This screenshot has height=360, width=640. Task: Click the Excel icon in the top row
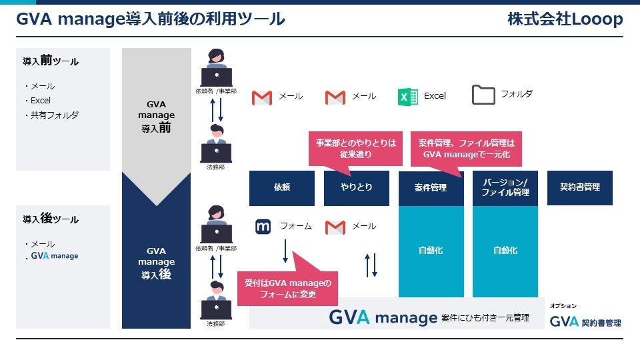coord(407,97)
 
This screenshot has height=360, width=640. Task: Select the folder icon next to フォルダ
coord(483,95)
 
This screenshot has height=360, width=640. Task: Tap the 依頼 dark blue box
coord(282,188)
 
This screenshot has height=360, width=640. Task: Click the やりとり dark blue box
coord(357,188)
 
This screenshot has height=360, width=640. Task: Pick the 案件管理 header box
coord(431,188)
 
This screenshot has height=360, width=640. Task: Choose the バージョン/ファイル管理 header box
coord(505,188)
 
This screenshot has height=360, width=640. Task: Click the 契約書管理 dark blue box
coord(579,188)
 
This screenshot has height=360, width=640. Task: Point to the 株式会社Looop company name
coord(565,20)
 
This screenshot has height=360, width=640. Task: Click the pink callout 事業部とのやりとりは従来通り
coord(355,148)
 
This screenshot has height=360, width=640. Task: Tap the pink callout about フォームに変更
coord(287,288)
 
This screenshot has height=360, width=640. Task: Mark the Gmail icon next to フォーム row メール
coord(335,227)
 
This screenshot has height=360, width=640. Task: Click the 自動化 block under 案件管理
coord(431,251)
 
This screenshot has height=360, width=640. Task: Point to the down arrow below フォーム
coord(285,251)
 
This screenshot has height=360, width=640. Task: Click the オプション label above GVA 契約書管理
coord(563,305)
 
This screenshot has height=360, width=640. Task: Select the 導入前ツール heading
coord(51,61)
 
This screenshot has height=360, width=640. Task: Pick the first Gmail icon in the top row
coord(262,98)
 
